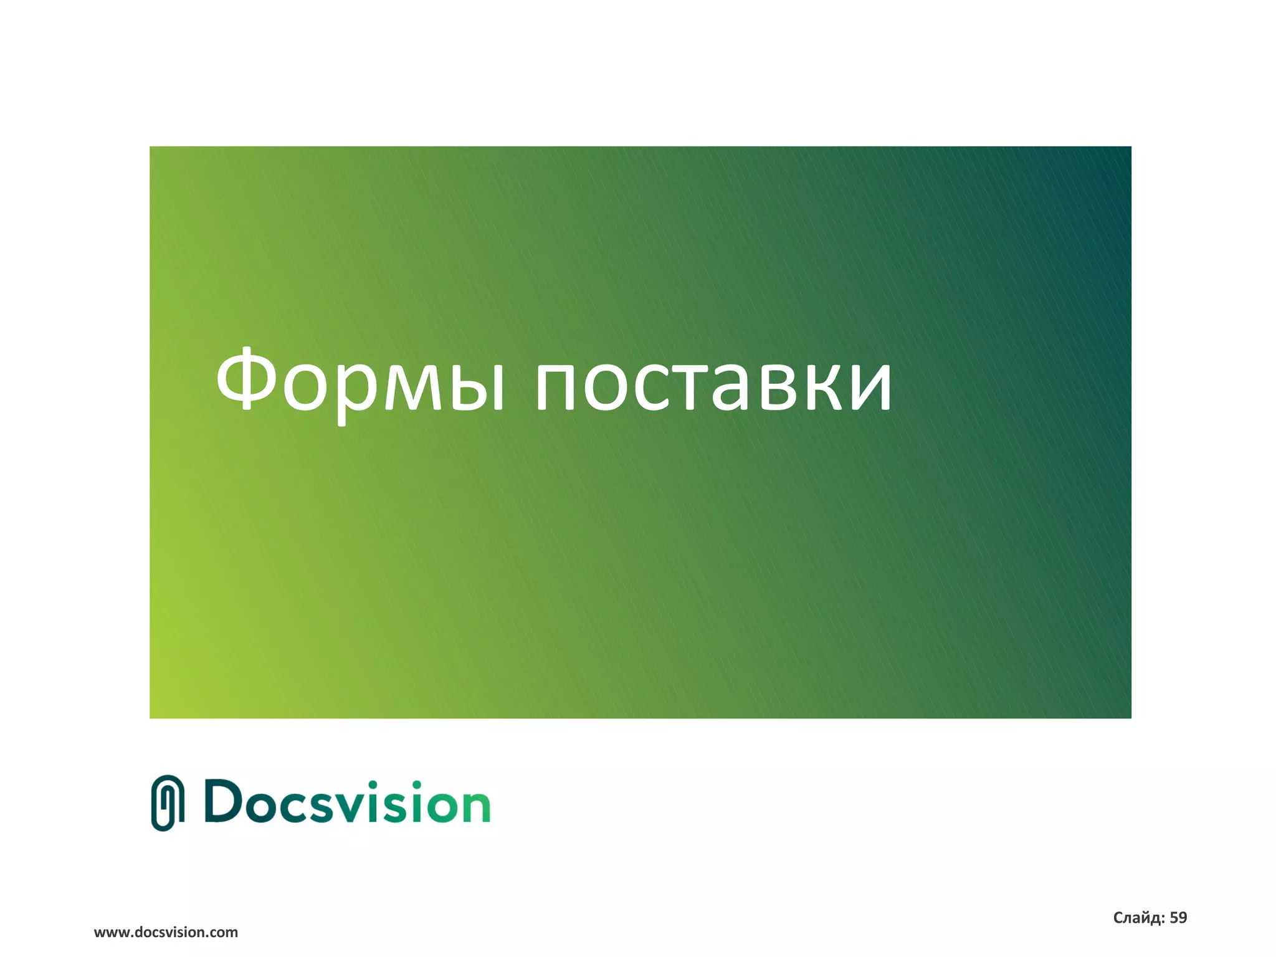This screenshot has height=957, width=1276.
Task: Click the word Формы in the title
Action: (x=359, y=381)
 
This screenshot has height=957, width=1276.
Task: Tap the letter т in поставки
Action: (x=690, y=388)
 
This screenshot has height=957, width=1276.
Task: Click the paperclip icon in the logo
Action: (x=168, y=802)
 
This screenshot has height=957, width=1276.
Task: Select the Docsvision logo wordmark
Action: (x=347, y=802)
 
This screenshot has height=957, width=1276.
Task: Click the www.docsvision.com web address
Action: (x=166, y=932)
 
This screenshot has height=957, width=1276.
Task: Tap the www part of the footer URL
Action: (x=112, y=933)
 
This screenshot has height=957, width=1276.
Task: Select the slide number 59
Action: (x=1178, y=918)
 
